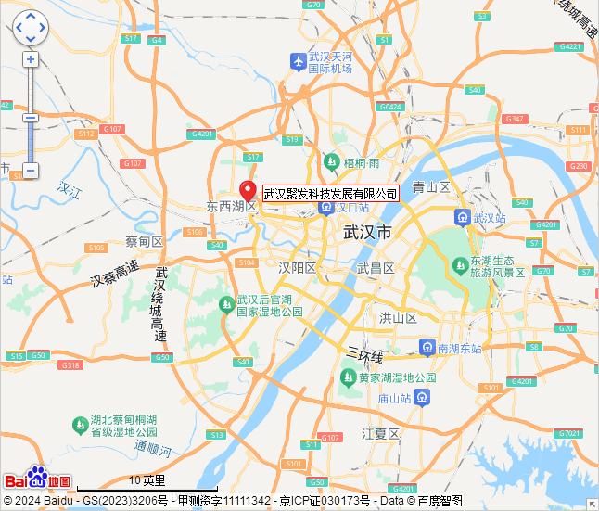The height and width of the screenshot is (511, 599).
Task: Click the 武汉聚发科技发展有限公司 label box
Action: [x=330, y=194]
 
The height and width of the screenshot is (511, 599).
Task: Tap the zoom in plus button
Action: [x=31, y=59]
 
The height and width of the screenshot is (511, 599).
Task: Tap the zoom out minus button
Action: [x=31, y=171]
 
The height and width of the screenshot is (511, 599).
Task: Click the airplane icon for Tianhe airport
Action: [x=298, y=62]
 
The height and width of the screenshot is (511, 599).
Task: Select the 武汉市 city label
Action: [x=367, y=231]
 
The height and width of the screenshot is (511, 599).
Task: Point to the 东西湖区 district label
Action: [x=231, y=206]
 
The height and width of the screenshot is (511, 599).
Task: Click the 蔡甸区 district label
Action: [x=144, y=242]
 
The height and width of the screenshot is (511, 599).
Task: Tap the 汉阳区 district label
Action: [x=298, y=268]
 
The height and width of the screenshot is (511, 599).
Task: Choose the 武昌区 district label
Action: [x=376, y=268]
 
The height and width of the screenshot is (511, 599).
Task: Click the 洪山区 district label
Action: [x=398, y=317]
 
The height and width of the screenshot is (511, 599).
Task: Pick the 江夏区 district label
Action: [x=380, y=434]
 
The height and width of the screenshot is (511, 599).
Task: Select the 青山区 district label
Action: [x=431, y=187]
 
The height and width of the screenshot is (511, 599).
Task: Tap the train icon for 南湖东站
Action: [x=427, y=348]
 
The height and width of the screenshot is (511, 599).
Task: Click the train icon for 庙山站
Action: [x=422, y=398]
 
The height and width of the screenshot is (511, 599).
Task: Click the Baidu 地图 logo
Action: [x=37, y=478]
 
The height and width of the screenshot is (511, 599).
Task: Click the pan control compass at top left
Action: [x=30, y=28]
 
